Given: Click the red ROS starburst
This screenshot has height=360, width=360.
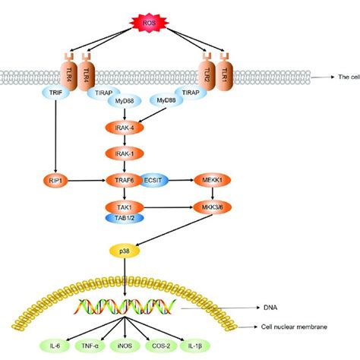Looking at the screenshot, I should (145, 23).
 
